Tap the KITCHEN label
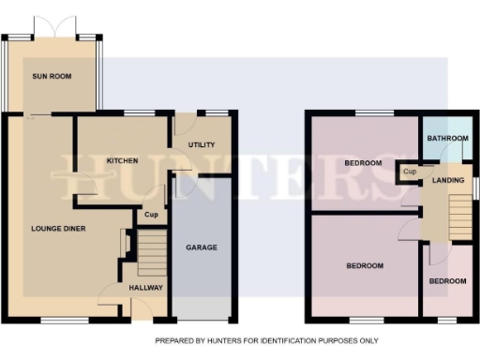coord(122,160)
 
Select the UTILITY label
coord(202,144)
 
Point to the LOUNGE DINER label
coord(59,228)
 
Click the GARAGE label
coord(202,247)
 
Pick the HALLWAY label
coord(145,288)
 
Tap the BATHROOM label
coord(447,139)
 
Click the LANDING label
coord(447,180)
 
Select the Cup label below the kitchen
coord(150,215)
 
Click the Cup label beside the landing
coord(410,172)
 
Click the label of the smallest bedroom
coord(447,281)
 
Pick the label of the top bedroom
coord(363,163)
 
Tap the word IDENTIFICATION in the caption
coord(285,340)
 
